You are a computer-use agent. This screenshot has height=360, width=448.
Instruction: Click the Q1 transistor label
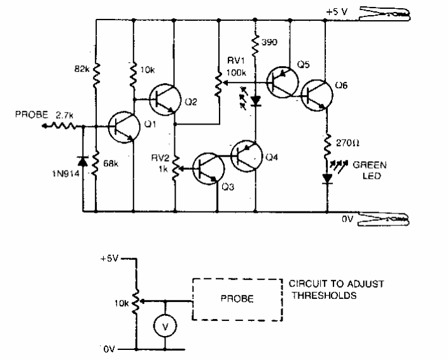click(150, 125)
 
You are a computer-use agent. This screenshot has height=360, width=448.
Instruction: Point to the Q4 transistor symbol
click(244, 155)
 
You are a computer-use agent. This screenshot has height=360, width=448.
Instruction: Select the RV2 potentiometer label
click(157, 160)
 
